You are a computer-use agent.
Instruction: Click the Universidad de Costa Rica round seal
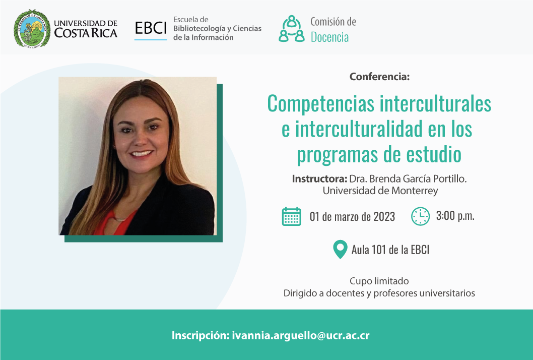click(32, 29)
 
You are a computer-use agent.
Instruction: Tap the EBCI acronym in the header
click(151, 28)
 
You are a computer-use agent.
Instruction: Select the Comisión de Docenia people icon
click(291, 29)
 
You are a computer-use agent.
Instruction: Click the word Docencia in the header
click(330, 37)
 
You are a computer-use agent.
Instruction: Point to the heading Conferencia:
click(379, 77)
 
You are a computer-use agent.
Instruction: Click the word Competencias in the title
click(320, 104)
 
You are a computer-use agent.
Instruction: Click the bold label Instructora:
click(319, 178)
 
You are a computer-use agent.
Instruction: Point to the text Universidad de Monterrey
click(380, 191)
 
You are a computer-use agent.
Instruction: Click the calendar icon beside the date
click(291, 216)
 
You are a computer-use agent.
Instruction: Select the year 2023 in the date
click(384, 216)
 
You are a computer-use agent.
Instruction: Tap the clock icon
click(421, 216)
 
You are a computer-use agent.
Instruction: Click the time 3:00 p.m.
click(455, 216)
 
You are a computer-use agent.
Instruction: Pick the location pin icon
click(340, 250)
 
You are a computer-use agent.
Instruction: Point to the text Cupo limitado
click(379, 281)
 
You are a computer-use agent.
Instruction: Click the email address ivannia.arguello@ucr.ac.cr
click(300, 335)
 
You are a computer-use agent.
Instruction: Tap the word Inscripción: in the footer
click(201, 335)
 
